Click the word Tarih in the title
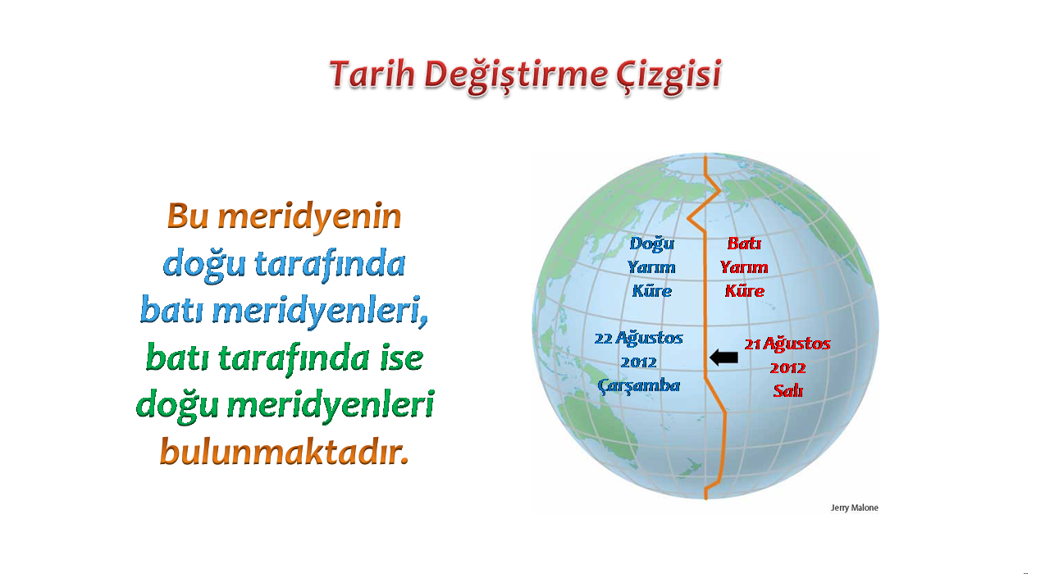coord(372,74)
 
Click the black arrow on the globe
coord(724,358)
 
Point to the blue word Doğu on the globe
coord(652,244)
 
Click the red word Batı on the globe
coord(744,244)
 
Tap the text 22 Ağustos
coord(638,338)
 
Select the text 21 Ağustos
coord(787,344)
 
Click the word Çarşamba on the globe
coord(639,385)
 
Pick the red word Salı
coord(788,391)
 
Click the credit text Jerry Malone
coord(855,508)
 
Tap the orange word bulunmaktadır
coord(285,452)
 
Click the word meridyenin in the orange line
coord(310,217)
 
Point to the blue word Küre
coord(652,291)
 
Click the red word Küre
coord(745,291)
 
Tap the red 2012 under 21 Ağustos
coord(788,368)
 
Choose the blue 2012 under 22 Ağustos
coord(639,362)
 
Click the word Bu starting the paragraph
coord(188,216)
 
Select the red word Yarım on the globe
coord(744,267)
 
